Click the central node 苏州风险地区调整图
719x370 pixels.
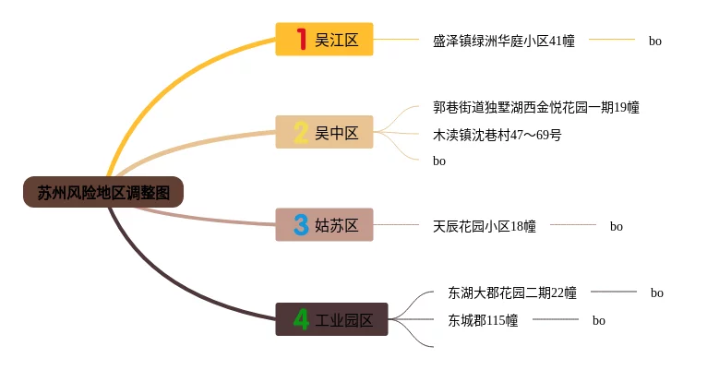(x=103, y=192)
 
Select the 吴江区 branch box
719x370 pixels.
(x=324, y=39)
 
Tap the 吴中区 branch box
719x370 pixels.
(x=324, y=132)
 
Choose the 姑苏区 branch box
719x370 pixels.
(x=324, y=224)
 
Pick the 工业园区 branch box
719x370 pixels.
(x=331, y=319)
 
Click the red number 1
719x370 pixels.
(x=300, y=39)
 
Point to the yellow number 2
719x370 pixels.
(x=301, y=132)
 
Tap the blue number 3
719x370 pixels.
(x=301, y=224)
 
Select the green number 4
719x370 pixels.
(x=301, y=319)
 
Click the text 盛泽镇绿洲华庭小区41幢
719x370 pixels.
(x=503, y=41)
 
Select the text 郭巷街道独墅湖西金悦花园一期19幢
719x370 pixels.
(x=535, y=107)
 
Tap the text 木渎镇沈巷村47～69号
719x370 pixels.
(x=497, y=135)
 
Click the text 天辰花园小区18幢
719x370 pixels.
(x=484, y=226)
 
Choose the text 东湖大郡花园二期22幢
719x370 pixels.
(x=512, y=293)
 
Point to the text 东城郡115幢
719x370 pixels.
(x=483, y=321)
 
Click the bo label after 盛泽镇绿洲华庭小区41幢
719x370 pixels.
(x=654, y=41)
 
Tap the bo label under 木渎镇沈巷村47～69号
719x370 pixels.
(x=439, y=161)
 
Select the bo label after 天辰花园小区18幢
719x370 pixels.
(x=616, y=226)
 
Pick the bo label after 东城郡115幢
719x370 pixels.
(x=598, y=321)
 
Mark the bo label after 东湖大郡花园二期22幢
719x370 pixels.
(x=656, y=293)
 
